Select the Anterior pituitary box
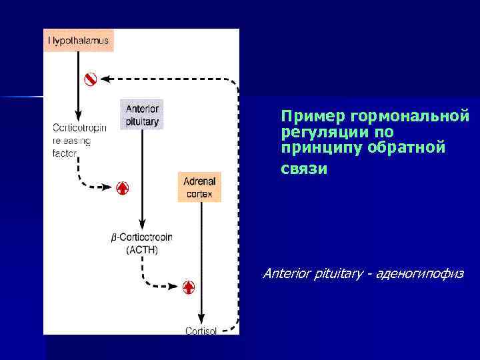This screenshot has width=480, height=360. pos(142,114)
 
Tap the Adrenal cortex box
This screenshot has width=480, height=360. pos(199,187)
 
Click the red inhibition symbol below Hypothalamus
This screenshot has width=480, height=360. pos(91,79)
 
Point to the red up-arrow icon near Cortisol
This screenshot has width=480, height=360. pos(189,287)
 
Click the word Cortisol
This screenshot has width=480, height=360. pos(201,330)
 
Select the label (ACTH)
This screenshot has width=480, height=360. pos(142,250)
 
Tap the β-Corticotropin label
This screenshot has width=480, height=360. pos(142,238)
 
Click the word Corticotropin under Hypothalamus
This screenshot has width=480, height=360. pos(79,128)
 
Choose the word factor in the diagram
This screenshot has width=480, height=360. pos(65,153)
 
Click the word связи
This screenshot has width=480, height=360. pos(304,169)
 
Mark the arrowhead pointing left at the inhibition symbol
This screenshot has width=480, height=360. pos(110,79)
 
